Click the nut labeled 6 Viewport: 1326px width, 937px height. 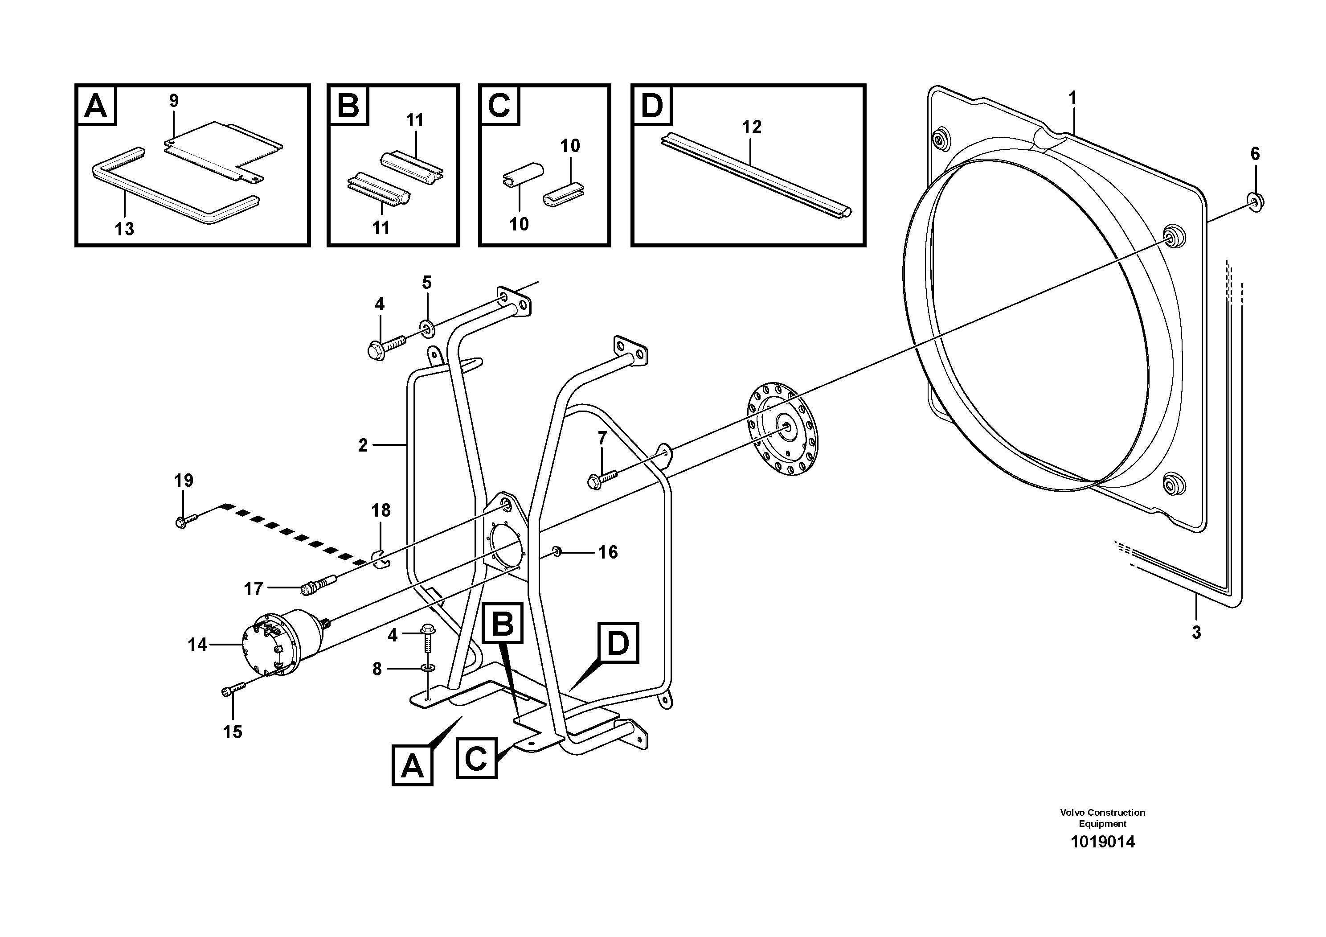point(1256,201)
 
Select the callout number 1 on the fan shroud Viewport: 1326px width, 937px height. point(1072,98)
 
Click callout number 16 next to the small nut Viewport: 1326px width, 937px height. point(608,552)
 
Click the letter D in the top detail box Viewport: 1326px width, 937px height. point(652,106)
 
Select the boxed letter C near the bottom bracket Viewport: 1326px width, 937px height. point(476,759)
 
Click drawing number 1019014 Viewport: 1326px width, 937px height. point(1102,842)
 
